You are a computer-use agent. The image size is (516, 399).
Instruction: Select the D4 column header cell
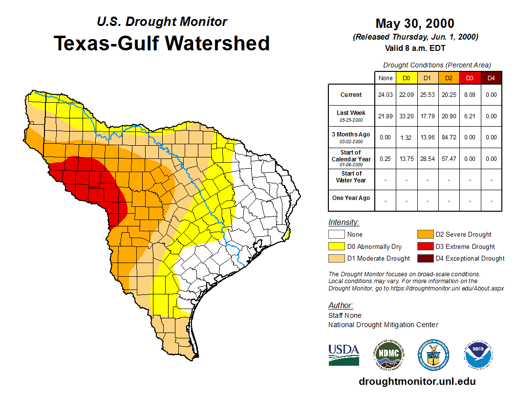[491, 78]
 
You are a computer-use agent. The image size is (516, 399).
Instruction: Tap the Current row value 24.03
[386, 95]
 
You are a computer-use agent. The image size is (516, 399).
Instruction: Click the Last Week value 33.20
[407, 116]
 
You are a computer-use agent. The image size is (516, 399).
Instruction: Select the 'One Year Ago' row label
[351, 198]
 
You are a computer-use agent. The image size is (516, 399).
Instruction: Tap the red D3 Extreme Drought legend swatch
[425, 246]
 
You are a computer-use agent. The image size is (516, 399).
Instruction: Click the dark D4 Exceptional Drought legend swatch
[425, 258]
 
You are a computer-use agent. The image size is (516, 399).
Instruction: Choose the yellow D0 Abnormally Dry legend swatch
[337, 246]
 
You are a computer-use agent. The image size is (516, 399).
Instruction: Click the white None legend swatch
[337, 235]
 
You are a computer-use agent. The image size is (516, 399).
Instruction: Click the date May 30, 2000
[414, 23]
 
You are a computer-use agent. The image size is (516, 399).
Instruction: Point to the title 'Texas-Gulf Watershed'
[161, 43]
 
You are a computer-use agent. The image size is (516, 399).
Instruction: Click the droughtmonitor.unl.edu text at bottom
[417, 381]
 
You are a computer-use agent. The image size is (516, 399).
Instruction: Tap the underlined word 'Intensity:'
[344, 222]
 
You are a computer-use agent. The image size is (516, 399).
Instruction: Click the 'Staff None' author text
[345, 315]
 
